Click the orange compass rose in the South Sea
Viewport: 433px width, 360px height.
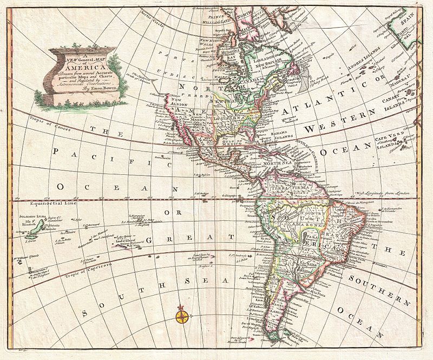tap(182, 314)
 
